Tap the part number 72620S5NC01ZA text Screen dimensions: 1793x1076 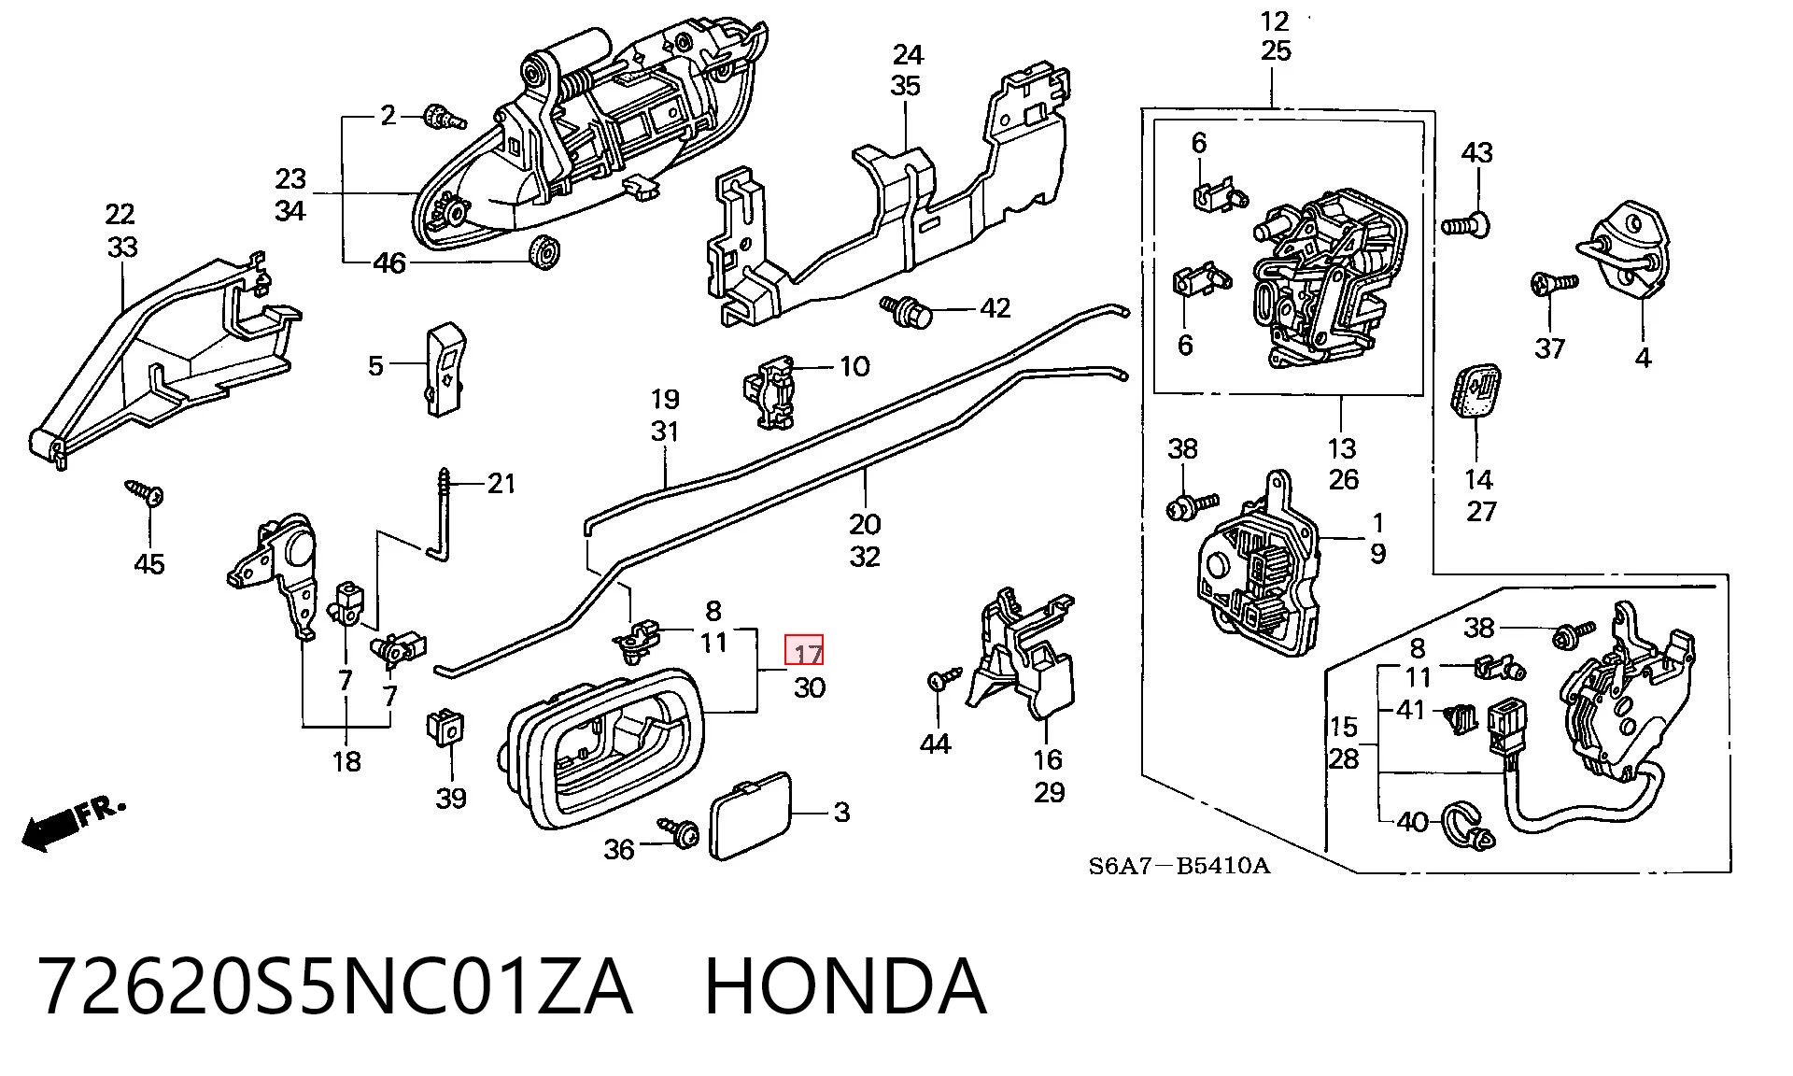coord(335,986)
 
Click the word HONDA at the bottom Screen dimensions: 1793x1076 coord(844,986)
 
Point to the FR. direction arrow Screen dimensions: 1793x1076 coord(70,823)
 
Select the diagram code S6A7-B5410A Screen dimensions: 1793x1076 coord(1179,866)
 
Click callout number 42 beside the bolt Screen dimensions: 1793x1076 coord(995,308)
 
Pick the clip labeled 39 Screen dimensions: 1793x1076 coord(446,726)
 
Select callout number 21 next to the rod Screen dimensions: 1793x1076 coord(501,483)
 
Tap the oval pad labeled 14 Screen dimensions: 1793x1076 coord(1476,390)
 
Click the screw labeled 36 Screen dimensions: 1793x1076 coord(679,831)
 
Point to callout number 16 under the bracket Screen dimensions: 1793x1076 coord(1048,759)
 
